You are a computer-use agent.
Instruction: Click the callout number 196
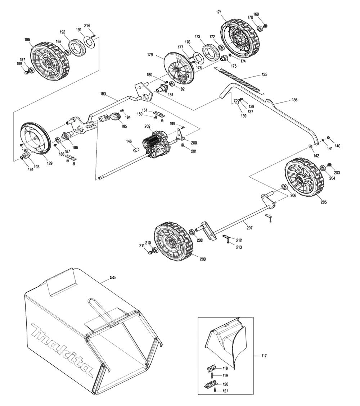[x=27, y=40]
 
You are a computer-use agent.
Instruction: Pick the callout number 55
[x=112, y=277]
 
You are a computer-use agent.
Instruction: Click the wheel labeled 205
[x=303, y=178]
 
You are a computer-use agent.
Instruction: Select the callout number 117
[x=264, y=356]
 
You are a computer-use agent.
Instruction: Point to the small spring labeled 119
[x=211, y=375]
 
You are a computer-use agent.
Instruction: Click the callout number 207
[x=249, y=228]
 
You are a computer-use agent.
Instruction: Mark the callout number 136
[x=294, y=100]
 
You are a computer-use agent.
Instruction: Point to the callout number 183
[x=103, y=94]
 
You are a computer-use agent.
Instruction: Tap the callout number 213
[x=239, y=247]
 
